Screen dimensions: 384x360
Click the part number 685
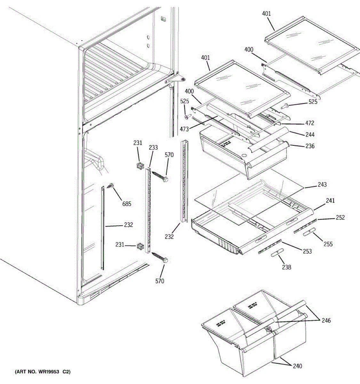pyautogui.click(x=127, y=204)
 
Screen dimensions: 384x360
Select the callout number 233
pyautogui.click(x=153, y=148)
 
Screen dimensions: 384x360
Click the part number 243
pyautogui.click(x=322, y=185)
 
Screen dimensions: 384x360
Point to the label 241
pyautogui.click(x=330, y=201)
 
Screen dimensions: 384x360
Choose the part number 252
pyautogui.click(x=340, y=217)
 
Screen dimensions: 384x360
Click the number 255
pyautogui.click(x=328, y=244)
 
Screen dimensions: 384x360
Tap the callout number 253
pyautogui.click(x=307, y=251)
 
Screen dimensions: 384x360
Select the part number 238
pyautogui.click(x=286, y=267)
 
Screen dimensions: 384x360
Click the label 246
pyautogui.click(x=326, y=320)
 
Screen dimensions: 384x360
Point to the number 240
pyautogui.click(x=297, y=366)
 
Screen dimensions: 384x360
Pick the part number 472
pyautogui.click(x=310, y=123)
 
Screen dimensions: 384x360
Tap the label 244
pyautogui.click(x=310, y=134)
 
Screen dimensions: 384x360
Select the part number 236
pyautogui.click(x=310, y=146)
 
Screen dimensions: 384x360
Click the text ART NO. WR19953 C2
pyautogui.click(x=43, y=372)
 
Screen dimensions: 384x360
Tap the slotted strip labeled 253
pyautogui.click(x=270, y=246)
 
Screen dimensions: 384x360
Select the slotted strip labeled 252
pyautogui.click(x=305, y=226)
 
